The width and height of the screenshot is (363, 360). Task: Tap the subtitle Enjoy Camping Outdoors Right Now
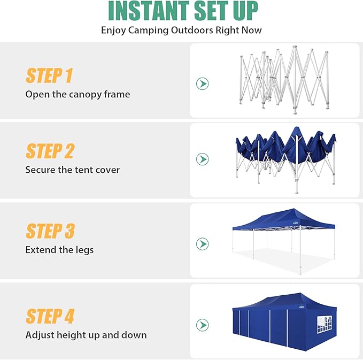tap(181, 30)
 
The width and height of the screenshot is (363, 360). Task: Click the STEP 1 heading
tap(49, 76)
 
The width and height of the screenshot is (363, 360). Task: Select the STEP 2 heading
tap(50, 151)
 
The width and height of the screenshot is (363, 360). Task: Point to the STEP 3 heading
tap(50, 231)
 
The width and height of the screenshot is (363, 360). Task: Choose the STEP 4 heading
tap(50, 316)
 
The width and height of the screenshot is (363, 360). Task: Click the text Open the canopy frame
tap(78, 95)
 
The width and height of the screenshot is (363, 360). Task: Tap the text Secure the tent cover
tap(72, 170)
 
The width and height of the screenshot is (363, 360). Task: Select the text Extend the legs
tap(59, 250)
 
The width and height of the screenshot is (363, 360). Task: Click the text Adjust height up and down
tap(86, 335)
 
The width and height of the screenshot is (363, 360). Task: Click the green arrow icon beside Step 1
tap(202, 84)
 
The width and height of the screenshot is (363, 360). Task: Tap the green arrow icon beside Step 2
tap(202, 159)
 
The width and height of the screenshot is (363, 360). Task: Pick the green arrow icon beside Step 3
tap(202, 244)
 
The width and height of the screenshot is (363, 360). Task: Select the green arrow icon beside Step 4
tap(202, 325)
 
